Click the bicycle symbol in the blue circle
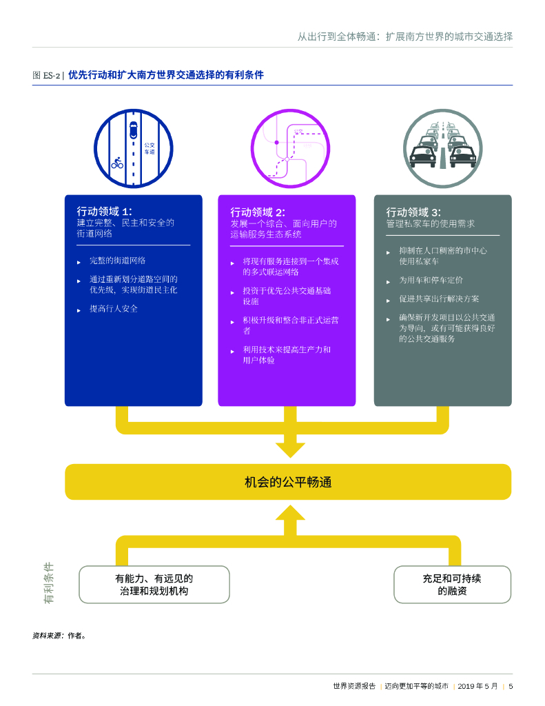click(x=117, y=163)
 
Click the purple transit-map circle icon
click(x=290, y=148)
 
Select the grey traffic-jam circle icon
click(x=443, y=148)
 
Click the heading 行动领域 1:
click(x=104, y=211)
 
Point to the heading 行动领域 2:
click(x=258, y=212)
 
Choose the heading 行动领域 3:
click(x=413, y=212)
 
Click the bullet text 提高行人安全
click(x=114, y=308)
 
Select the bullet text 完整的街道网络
click(x=117, y=261)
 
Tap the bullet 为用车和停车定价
click(x=431, y=281)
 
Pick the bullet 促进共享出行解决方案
click(x=439, y=299)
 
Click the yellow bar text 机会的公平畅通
click(x=288, y=482)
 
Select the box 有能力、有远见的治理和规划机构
click(x=154, y=585)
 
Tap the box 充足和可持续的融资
click(x=452, y=585)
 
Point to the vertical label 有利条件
click(x=49, y=583)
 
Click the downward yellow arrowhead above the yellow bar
click(x=290, y=449)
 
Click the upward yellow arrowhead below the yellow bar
click(x=290, y=514)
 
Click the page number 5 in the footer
click(x=511, y=686)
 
